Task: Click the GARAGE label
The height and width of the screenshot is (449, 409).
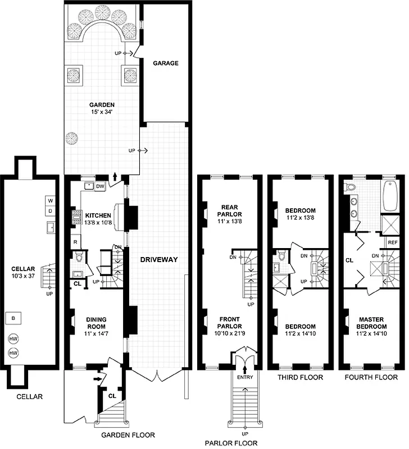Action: pos(166,63)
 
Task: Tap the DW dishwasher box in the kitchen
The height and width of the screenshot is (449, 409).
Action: pos(101,186)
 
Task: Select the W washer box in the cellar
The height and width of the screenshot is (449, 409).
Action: pos(49,201)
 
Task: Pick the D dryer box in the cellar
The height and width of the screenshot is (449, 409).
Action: pos(49,211)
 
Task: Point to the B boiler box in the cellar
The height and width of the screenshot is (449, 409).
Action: pos(12,318)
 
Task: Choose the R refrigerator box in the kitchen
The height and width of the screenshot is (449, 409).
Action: pos(75,242)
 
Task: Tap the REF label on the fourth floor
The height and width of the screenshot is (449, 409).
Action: pos(393,242)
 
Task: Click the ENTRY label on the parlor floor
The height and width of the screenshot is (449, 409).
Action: pos(245,377)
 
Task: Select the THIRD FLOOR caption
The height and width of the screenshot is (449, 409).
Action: pos(300,378)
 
